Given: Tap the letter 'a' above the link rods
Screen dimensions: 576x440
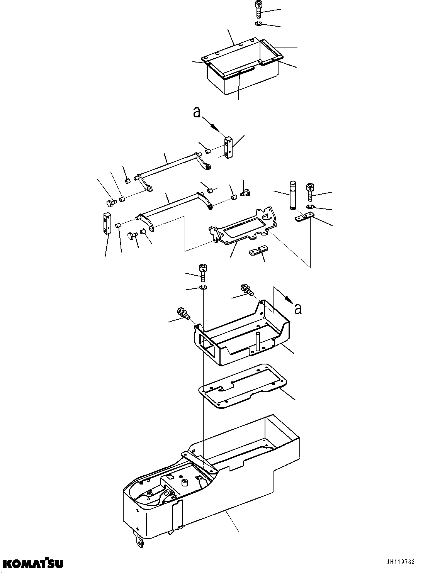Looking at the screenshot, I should pyautogui.click(x=197, y=112).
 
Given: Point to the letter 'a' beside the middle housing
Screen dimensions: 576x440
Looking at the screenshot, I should pyautogui.click(x=297, y=308).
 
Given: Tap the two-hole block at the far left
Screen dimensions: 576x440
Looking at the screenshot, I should pyautogui.click(x=107, y=224).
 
